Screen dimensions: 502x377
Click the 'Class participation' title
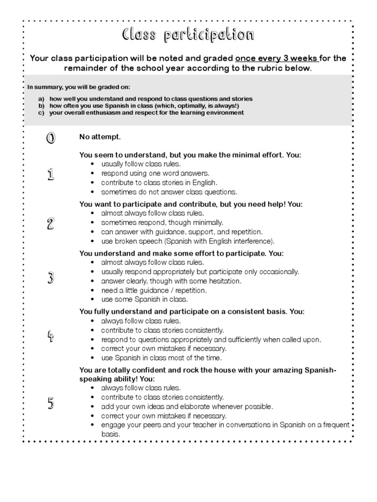pos(188,35)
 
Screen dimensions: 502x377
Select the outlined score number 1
pos(51,174)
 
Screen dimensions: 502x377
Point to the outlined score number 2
pos(51,224)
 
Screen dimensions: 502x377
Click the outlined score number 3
pos(51,278)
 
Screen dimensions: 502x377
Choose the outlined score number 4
pos(51,336)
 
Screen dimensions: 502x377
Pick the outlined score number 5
pos(51,403)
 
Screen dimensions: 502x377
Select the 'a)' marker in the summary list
pos(42,99)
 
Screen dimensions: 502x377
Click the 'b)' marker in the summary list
pos(42,106)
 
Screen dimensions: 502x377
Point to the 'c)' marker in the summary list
pos(42,113)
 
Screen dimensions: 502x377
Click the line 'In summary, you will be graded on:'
pos(79,87)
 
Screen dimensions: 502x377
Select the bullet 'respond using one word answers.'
pos(155,173)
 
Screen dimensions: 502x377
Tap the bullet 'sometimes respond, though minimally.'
pos(162,222)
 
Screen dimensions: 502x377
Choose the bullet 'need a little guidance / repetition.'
pos(154,290)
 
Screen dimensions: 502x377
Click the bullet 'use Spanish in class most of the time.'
pos(162,358)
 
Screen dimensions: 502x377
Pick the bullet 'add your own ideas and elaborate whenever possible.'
pos(187,406)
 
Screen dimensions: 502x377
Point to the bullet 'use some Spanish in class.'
pos(144,299)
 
